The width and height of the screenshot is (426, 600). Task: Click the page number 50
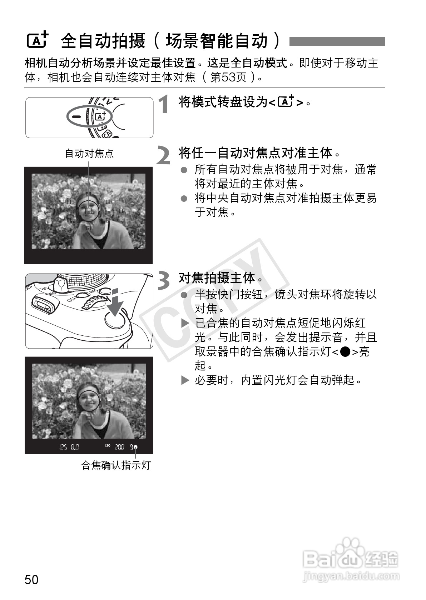(x=31, y=579)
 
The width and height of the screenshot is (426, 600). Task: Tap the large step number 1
(x=164, y=104)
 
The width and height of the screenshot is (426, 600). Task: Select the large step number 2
(x=163, y=155)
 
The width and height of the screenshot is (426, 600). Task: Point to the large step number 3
(x=164, y=280)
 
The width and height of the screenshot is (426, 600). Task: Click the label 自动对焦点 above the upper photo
(x=89, y=154)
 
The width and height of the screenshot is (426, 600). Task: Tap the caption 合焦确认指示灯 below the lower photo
(x=116, y=465)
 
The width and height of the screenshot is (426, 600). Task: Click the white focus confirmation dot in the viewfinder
(x=135, y=447)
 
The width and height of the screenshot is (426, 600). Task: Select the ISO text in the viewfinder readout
(x=108, y=445)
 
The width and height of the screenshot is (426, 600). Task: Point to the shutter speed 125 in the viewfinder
(x=63, y=447)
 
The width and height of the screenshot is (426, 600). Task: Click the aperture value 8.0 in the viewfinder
(x=75, y=447)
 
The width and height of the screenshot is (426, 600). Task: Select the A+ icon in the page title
(x=38, y=40)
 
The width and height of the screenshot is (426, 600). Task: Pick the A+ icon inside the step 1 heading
(x=286, y=101)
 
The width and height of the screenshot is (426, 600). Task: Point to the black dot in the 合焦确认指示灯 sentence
(x=345, y=351)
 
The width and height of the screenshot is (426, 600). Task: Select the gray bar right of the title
(x=337, y=41)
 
